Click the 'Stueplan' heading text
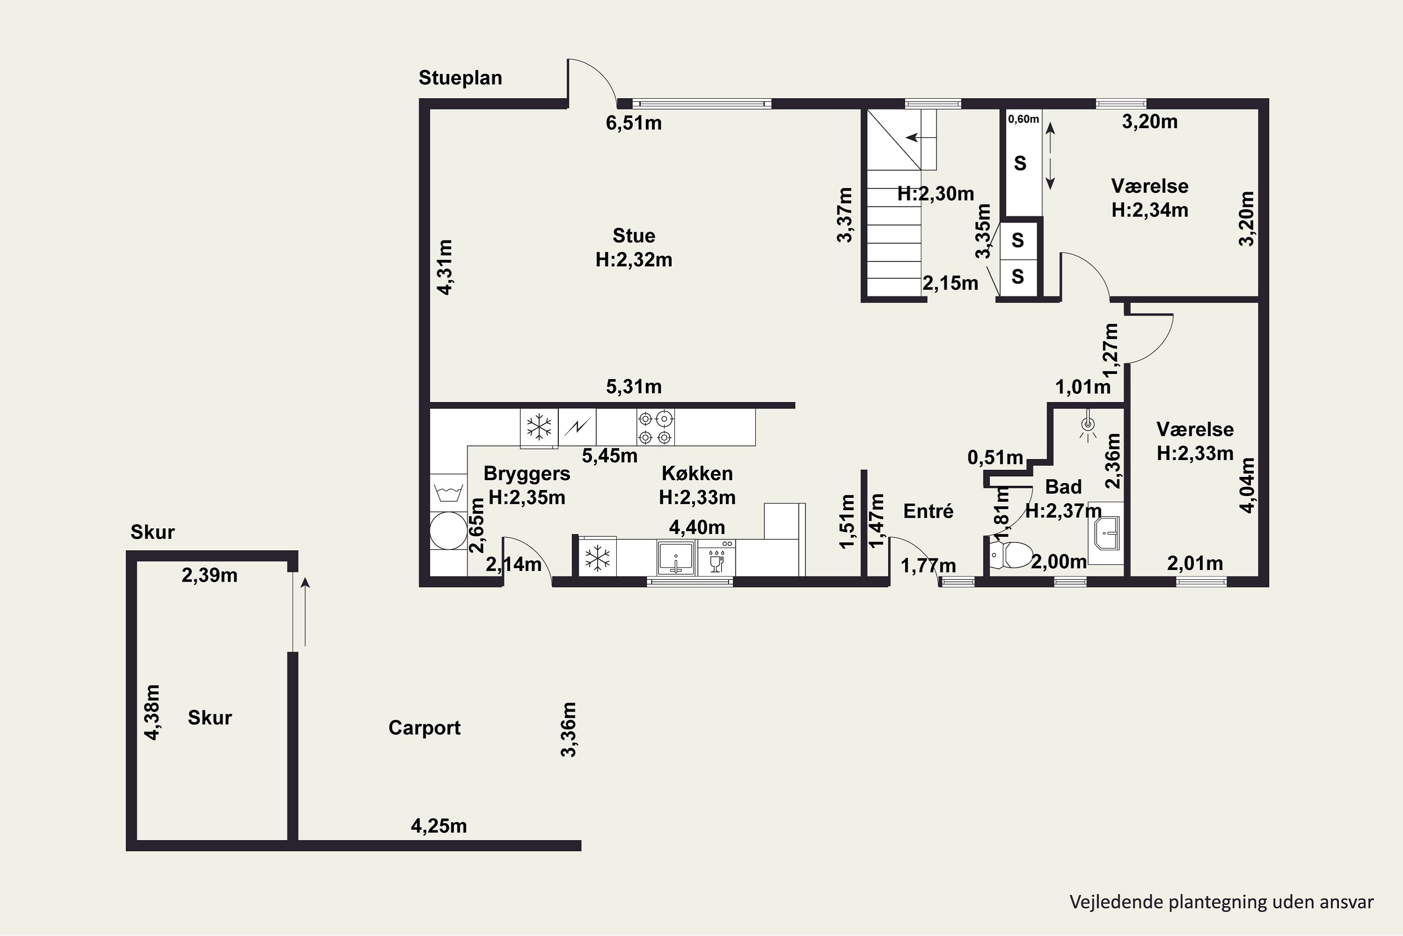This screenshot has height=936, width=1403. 460,78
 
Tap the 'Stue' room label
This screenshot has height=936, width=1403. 634,236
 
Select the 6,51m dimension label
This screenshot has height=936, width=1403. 634,123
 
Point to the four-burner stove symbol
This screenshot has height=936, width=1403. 656,427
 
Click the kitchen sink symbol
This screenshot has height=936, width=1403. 676,557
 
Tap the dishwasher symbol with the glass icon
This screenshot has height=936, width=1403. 716,557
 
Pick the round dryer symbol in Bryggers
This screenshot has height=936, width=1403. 448,530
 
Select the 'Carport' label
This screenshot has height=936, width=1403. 424,728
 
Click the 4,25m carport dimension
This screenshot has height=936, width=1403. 439,826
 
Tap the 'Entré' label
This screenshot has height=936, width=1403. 928,511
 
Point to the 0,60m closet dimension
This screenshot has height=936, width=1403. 1024,119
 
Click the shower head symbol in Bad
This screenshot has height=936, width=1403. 1089,425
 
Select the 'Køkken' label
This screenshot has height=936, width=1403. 697,473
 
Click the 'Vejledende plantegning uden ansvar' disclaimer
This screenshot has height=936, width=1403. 1222,901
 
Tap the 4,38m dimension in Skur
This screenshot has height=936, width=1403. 153,712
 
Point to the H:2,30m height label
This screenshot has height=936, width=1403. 935,193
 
